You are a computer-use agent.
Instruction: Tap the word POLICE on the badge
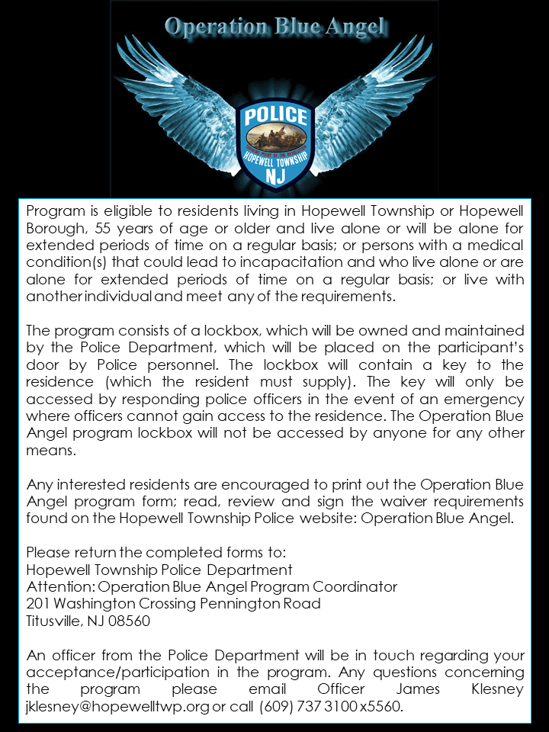[275, 117]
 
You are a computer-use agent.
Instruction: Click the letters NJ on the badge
[275, 175]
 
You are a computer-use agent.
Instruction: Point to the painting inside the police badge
[275, 140]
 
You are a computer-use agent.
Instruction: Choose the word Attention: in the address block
[60, 587]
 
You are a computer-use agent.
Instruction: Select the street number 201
[38, 604]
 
